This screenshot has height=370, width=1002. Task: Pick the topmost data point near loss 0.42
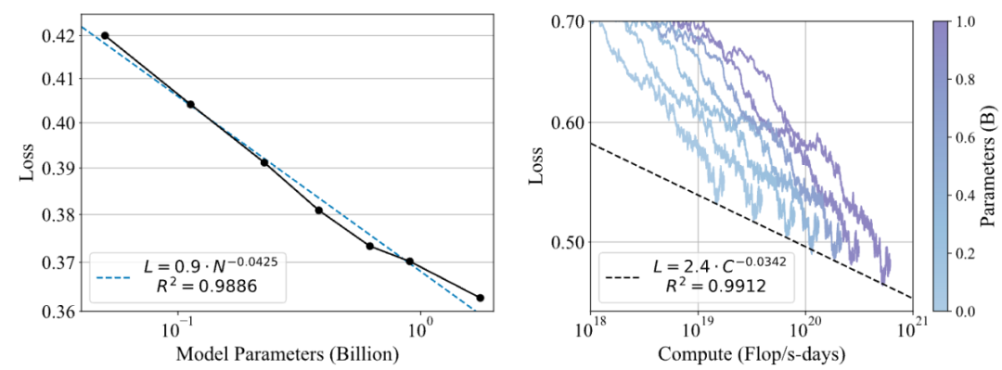click(105, 35)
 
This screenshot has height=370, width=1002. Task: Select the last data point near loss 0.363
click(480, 298)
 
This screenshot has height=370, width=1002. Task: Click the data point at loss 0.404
click(190, 105)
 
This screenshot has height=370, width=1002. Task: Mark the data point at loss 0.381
click(318, 211)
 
